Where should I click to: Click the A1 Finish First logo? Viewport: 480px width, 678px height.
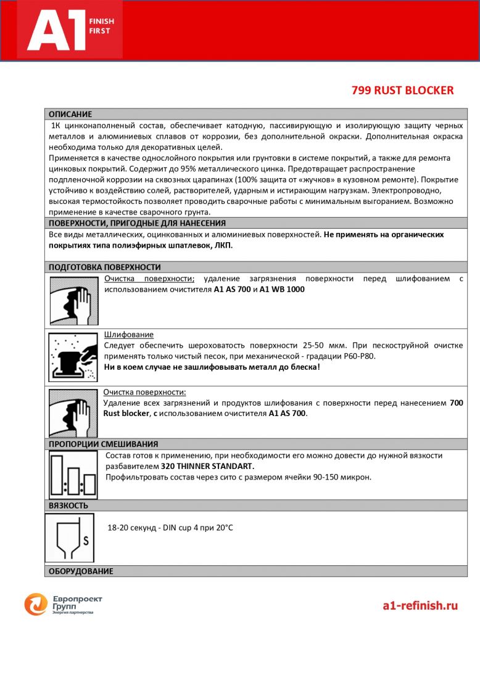(x=70, y=30)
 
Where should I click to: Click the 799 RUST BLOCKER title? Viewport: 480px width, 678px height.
(x=402, y=91)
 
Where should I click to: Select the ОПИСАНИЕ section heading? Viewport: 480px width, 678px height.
(x=70, y=114)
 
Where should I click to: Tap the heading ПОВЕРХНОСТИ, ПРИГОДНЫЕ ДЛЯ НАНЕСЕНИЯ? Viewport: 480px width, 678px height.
(x=137, y=223)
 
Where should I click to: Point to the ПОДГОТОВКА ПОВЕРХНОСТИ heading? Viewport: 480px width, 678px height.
(x=104, y=267)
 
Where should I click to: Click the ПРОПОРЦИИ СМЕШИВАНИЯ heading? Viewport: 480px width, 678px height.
(x=103, y=444)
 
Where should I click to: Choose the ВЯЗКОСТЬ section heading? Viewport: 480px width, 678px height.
(x=68, y=505)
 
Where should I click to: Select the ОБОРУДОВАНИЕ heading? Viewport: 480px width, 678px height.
(x=81, y=571)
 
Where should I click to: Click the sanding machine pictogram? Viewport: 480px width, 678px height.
(x=73, y=357)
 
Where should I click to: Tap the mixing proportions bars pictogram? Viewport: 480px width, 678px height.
(x=73, y=475)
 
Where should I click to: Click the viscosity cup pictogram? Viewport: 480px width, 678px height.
(x=69, y=537)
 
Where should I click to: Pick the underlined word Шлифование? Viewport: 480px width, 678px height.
(x=129, y=335)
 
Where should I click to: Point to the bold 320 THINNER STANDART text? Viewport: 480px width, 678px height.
(x=207, y=466)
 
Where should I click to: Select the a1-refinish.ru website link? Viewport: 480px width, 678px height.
(x=420, y=605)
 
